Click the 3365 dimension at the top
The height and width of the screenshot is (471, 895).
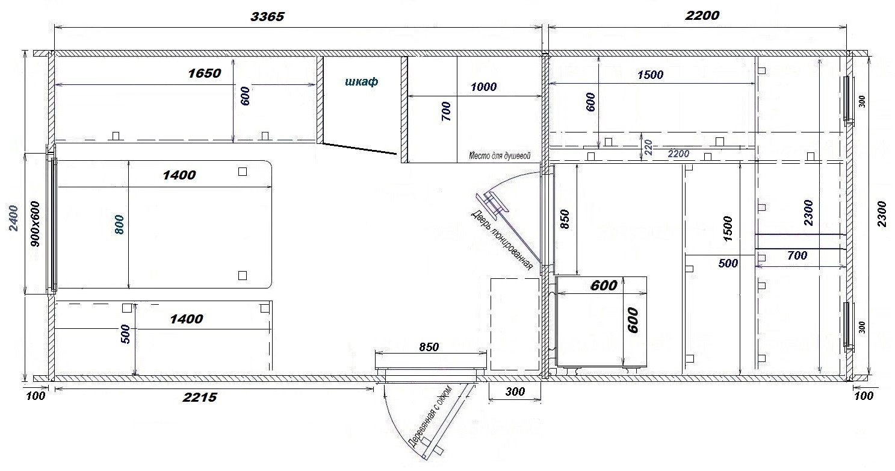[x=267, y=16]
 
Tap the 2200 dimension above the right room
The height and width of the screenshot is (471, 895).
[x=702, y=16]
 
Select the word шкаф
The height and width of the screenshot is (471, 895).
[x=361, y=81]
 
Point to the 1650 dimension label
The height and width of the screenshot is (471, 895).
[x=204, y=73]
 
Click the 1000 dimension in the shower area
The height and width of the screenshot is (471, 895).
[x=483, y=87]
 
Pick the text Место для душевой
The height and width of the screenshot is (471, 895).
[x=500, y=155]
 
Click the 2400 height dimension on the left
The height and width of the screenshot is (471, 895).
[x=14, y=218]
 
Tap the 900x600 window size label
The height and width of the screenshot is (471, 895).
[x=35, y=224]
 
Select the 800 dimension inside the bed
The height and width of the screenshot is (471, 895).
[x=119, y=225]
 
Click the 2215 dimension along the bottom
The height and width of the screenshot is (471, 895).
[x=200, y=397]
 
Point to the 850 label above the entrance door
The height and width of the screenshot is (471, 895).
[x=429, y=347]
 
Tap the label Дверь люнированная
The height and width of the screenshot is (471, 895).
[x=501, y=240]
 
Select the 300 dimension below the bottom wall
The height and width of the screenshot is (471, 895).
[x=515, y=391]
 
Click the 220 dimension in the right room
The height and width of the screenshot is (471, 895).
[x=648, y=147]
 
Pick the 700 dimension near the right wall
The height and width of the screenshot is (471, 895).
[x=797, y=255]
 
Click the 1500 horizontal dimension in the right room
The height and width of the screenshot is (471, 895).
[x=650, y=75]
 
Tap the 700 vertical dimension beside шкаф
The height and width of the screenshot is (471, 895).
[x=446, y=111]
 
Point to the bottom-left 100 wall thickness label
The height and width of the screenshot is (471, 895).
[x=36, y=396]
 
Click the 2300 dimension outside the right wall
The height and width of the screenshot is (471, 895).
[x=881, y=214]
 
